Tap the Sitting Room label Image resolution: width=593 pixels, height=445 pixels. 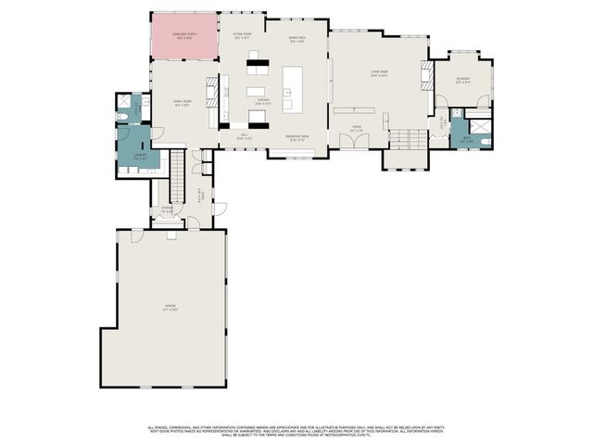tap(242, 35)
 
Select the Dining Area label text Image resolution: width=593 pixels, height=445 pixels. tap(296, 39)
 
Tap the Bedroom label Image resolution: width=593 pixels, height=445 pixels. tap(463, 81)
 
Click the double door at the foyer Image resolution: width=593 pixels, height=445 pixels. tap(353, 141)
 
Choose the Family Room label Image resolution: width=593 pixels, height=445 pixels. tap(183, 103)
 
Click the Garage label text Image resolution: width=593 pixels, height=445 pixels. tap(170, 307)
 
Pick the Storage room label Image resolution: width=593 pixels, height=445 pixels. tap(168, 210)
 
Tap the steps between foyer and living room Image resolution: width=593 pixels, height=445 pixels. tap(401, 140)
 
